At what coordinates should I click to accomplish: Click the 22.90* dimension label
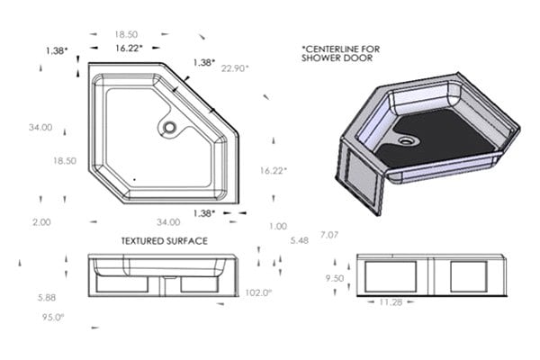point(235,68)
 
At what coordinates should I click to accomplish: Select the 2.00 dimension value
point(41,222)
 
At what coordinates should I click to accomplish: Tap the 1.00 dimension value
point(278,226)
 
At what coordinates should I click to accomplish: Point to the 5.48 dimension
point(300,240)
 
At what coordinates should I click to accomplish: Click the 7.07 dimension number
point(329,235)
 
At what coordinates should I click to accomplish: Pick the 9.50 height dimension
point(335,278)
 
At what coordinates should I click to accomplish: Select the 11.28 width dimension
point(391,302)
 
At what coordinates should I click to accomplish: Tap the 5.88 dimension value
point(47,297)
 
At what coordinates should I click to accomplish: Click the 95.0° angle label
point(53,318)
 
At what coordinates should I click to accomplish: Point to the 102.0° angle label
point(258,292)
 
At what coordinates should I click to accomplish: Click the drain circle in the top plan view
point(169,128)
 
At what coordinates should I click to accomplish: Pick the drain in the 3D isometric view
point(407,140)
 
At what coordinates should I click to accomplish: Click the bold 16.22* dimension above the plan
point(129,48)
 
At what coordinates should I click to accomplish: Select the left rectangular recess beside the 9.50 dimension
point(391,276)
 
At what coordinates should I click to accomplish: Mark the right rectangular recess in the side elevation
point(468,276)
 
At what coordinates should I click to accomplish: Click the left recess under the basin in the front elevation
point(122,284)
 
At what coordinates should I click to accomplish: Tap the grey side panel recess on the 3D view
point(362,178)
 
